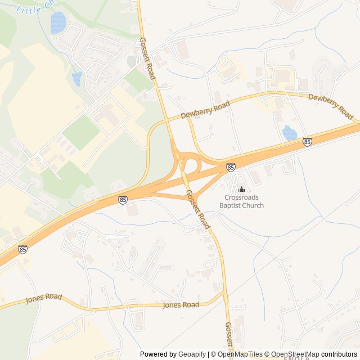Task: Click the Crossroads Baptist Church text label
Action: tap(244, 201)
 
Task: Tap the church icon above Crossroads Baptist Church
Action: tap(242, 190)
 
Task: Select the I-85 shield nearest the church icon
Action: tap(231, 167)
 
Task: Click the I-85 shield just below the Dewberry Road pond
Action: tap(307, 142)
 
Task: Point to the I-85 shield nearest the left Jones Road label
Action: tap(22, 249)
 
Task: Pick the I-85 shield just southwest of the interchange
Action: tap(123, 199)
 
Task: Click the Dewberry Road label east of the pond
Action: tap(330, 105)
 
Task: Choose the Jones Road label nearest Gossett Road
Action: tap(181, 305)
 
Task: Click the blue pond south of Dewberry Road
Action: tap(289, 133)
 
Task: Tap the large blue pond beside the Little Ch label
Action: tap(58, 22)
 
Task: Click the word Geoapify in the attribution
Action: tap(191, 354)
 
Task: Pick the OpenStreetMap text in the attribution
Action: tap(295, 354)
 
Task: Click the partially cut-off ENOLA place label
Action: tap(296, 358)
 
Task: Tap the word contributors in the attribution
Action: tap(339, 354)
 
